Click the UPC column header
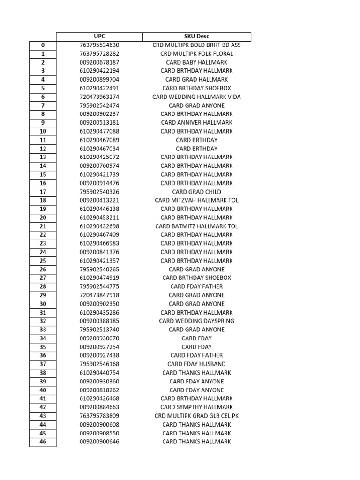tap(99, 37)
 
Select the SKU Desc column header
tap(196, 37)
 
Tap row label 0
tap(43, 45)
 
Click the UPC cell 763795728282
tap(99, 54)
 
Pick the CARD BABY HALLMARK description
tap(196, 62)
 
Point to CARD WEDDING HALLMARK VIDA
tap(196, 97)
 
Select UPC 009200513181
tap(99, 123)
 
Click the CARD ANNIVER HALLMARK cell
tap(196, 123)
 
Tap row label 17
tap(43, 192)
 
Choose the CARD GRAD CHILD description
tap(196, 192)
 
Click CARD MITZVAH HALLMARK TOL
tap(196, 200)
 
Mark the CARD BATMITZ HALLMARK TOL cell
tap(196, 226)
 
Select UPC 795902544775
tap(99, 286)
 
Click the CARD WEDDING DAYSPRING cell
tap(196, 321)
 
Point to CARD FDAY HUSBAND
tap(196, 364)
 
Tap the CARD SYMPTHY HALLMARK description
tap(196, 407)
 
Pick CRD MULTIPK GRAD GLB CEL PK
tap(196, 416)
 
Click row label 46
tap(43, 442)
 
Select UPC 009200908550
tap(99, 433)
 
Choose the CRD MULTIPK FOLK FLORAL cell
tap(196, 54)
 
